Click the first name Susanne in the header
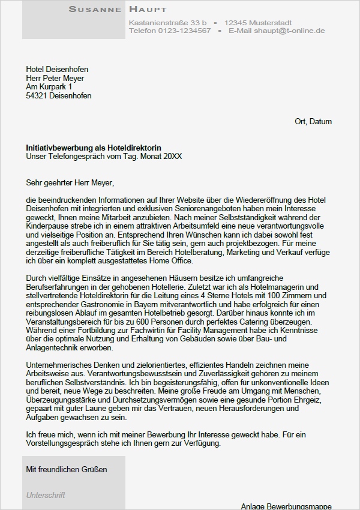[95, 9]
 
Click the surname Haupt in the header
[148, 9]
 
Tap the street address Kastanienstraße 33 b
[167, 22]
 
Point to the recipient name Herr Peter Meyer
[55, 79]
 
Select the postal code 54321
[37, 96]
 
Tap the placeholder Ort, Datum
[313, 122]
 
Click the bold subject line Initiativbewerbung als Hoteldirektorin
[94, 148]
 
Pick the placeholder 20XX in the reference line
[173, 157]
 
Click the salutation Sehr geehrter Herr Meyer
[70, 182]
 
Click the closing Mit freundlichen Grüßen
[67, 469]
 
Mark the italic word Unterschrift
[46, 496]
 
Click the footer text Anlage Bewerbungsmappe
[286, 506]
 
